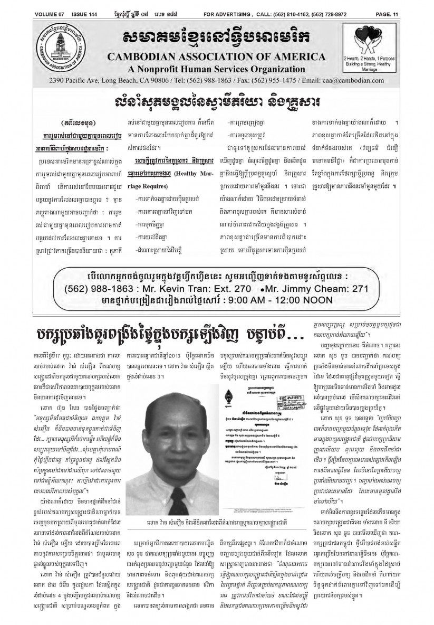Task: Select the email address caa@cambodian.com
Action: tap(369, 81)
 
